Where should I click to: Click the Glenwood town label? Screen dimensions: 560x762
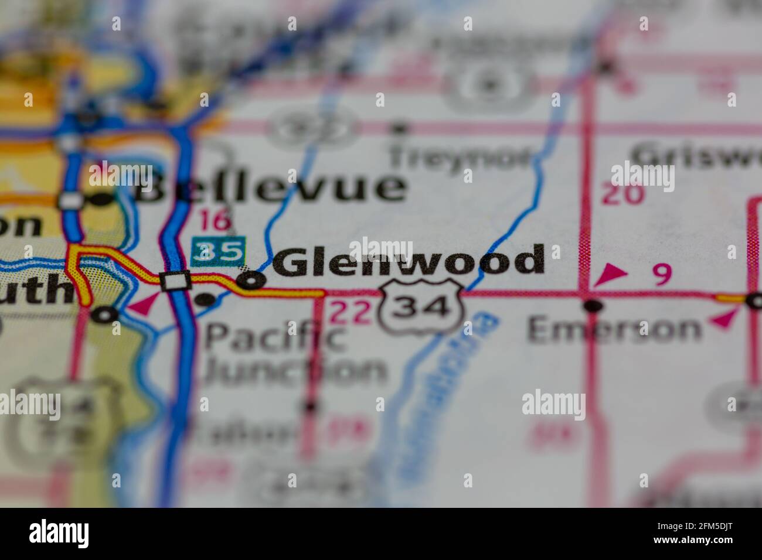(x=409, y=261)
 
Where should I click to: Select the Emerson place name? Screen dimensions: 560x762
(x=614, y=329)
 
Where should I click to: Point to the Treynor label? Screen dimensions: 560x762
(x=460, y=156)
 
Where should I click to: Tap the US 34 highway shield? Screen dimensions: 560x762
(x=421, y=307)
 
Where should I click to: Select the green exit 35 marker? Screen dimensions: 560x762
(x=218, y=251)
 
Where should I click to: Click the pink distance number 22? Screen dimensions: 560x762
(x=351, y=312)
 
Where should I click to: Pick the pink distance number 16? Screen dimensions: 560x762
(x=215, y=220)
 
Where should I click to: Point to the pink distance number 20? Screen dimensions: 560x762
(x=622, y=194)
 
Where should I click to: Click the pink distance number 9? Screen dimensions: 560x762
(x=662, y=275)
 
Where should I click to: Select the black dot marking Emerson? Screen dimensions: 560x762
(x=593, y=305)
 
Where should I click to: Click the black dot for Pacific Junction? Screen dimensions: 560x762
(x=204, y=300)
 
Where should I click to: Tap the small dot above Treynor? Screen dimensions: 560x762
(x=400, y=126)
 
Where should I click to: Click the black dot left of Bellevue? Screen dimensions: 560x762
(x=103, y=200)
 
